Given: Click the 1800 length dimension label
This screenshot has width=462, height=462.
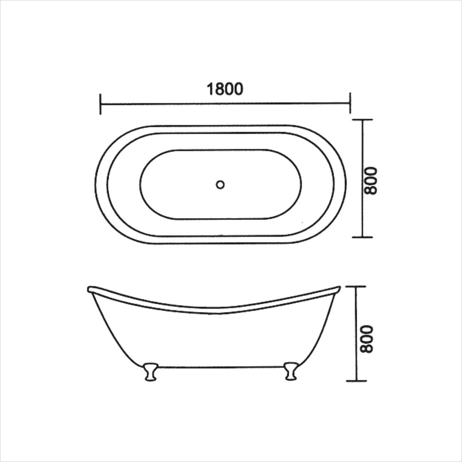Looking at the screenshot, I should click(x=224, y=89).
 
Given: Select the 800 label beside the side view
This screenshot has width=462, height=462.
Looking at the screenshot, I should click(x=366, y=339).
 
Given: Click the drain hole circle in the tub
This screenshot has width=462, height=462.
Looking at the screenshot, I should click(x=221, y=184).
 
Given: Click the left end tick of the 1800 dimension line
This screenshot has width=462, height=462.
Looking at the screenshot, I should click(x=101, y=104).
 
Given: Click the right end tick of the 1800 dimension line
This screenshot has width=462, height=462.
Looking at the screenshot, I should click(x=350, y=103).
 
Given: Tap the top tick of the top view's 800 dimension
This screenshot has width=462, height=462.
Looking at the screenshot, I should click(x=362, y=120).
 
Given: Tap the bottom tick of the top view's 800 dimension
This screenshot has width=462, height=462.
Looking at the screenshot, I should click(x=362, y=237).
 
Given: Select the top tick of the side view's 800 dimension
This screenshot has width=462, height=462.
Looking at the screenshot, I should click(x=356, y=287).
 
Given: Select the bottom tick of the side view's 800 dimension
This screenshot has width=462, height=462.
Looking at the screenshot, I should click(x=356, y=381).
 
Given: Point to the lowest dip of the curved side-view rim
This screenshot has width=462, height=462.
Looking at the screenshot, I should click(x=216, y=311).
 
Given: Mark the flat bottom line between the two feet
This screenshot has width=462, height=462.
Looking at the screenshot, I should click(x=220, y=367).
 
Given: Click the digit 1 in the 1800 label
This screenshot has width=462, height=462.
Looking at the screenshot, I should click(x=209, y=89).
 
